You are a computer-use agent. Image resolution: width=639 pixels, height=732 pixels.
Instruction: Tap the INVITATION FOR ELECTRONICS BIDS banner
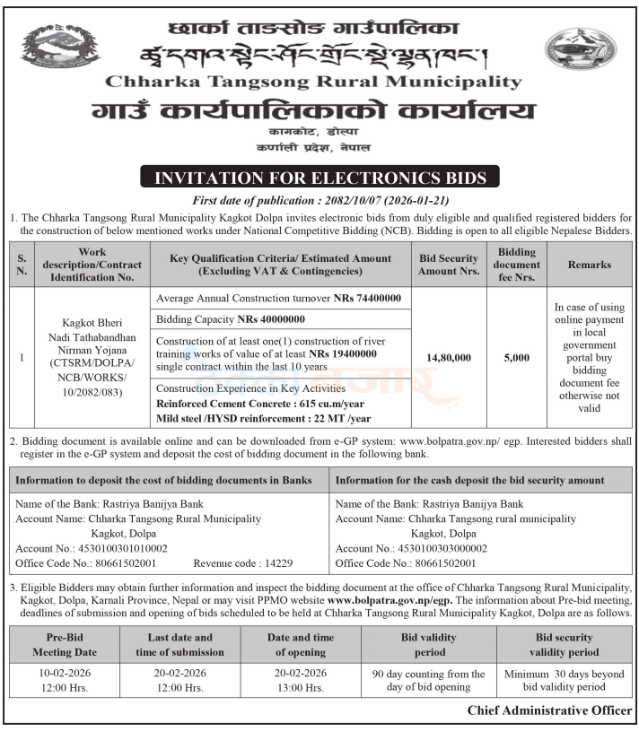click(x=319, y=178)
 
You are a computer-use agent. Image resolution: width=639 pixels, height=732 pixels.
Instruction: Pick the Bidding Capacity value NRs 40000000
click(x=271, y=319)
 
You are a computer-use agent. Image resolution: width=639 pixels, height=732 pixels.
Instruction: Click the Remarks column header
click(x=589, y=265)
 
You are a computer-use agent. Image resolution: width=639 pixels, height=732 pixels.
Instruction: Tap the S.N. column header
click(x=22, y=265)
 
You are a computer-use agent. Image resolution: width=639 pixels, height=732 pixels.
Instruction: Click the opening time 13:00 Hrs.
click(x=301, y=687)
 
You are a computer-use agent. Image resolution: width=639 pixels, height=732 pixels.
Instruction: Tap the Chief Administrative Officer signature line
click(x=549, y=710)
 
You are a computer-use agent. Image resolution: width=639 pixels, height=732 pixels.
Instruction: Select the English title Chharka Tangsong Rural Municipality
click(x=313, y=82)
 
